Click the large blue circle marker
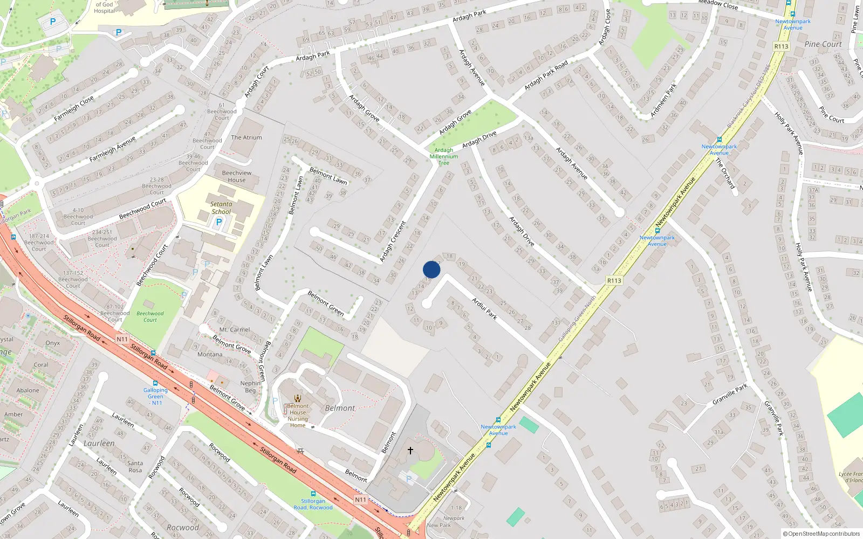point(432,269)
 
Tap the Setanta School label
point(221,208)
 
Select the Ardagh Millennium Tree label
point(444,156)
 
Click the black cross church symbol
point(410,450)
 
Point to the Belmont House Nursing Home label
point(298,416)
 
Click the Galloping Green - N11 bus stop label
point(155,396)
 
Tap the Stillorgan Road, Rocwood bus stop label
point(313,504)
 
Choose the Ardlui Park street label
point(484,308)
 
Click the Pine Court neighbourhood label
point(823,44)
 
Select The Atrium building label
point(246,137)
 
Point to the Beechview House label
point(237,176)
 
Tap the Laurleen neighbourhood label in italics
point(99,443)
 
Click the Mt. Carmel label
point(235,329)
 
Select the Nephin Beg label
point(250,387)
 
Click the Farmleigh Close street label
point(74,108)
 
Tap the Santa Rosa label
point(135,466)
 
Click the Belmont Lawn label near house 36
point(328,176)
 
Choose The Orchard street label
point(725,173)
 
